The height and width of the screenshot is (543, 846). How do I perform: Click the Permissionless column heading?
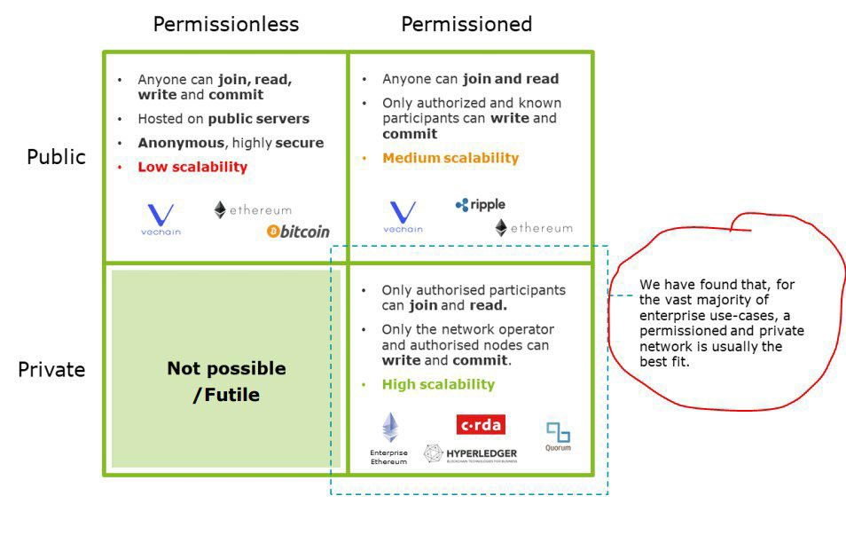[226, 24]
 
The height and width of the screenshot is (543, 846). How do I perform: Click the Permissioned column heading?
[466, 24]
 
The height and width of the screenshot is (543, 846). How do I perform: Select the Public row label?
[56, 157]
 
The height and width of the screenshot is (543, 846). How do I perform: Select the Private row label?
[51, 369]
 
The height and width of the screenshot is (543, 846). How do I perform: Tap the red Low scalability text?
[192, 167]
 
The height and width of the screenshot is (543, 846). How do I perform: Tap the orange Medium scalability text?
[450, 158]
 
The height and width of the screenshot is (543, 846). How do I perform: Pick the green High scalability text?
[438, 384]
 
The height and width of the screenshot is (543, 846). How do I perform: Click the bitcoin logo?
[298, 232]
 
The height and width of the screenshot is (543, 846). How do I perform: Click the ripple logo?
[481, 205]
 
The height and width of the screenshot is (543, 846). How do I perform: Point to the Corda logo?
[481, 425]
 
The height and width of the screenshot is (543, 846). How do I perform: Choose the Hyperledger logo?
[470, 454]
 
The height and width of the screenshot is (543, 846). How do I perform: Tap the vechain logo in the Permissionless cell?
[161, 218]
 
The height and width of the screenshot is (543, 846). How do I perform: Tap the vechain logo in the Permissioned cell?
[403, 216]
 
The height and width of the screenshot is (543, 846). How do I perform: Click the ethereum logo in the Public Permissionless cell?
[253, 210]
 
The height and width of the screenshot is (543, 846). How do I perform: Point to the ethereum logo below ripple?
[534, 228]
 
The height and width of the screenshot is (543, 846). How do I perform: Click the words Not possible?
[226, 368]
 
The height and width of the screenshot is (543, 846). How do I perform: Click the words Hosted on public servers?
[223, 119]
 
